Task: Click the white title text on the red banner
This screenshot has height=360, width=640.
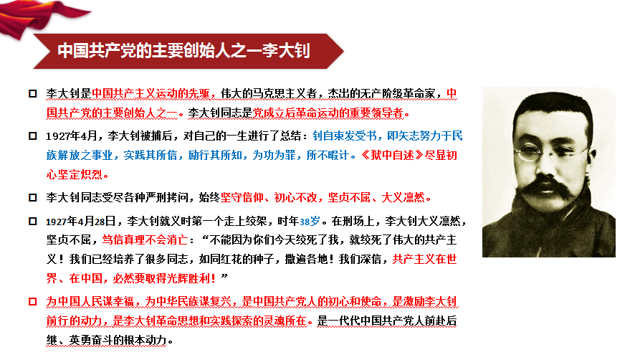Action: [x=183, y=51]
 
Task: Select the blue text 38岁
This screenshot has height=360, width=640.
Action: [x=310, y=222]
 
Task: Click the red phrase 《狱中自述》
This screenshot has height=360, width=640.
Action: [x=392, y=156]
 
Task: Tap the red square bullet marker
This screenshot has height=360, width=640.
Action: [x=33, y=302]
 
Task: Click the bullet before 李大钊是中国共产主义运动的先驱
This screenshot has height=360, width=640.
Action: [x=33, y=93]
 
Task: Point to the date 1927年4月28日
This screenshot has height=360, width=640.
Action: [x=81, y=222]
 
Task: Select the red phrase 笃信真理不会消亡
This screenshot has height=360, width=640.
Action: [x=145, y=240]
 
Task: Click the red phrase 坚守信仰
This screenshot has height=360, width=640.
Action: [x=242, y=198]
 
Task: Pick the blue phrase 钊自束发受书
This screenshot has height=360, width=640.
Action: [x=345, y=136]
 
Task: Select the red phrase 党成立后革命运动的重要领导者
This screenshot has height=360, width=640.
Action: [x=328, y=113]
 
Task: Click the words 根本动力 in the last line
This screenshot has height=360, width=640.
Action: [x=145, y=340]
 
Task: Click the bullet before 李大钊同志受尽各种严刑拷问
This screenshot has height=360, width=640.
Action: [x=33, y=198]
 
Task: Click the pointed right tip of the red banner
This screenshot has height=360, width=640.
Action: [x=344, y=51]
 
